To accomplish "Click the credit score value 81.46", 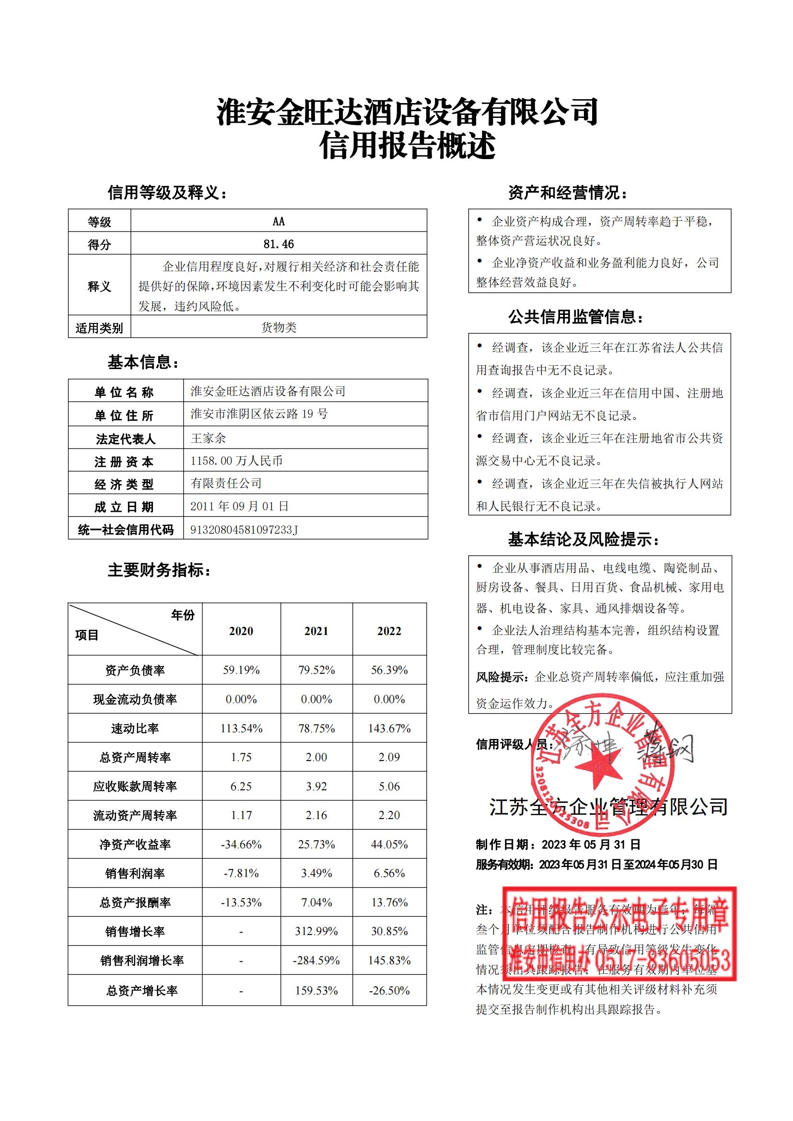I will click(279, 243).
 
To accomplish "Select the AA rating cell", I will click(279, 221).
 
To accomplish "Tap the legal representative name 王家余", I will click(208, 438).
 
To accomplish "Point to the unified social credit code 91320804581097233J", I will click(244, 530).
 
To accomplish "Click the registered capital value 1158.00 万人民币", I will click(236, 461).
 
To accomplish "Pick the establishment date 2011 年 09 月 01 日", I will click(239, 506).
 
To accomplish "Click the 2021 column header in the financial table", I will click(316, 631).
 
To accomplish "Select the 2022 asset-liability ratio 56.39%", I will click(389, 670).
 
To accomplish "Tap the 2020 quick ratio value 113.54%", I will click(241, 728).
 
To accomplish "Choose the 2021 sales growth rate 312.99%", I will click(316, 931).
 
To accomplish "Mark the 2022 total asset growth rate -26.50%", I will click(389, 991).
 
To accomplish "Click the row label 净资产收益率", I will click(135, 844).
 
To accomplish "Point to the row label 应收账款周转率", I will click(135, 786).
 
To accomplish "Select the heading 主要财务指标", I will click(159, 570).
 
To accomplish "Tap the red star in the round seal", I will click(598, 765).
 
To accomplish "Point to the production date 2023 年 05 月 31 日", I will click(591, 844).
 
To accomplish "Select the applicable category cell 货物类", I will click(279, 327).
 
